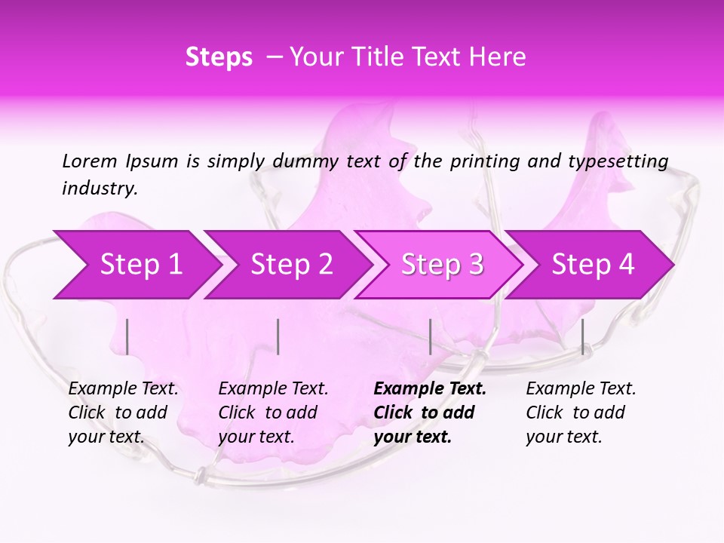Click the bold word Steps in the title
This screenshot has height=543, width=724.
point(219,57)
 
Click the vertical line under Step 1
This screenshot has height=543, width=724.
point(127,336)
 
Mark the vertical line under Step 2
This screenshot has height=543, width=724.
point(278,336)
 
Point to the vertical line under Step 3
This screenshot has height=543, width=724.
point(430,336)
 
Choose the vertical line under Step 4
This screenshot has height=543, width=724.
point(582,336)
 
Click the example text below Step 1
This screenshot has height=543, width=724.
point(123,413)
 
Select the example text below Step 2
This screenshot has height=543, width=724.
point(273,413)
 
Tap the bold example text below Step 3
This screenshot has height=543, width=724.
point(430,413)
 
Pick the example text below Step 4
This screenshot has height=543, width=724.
point(581,413)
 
